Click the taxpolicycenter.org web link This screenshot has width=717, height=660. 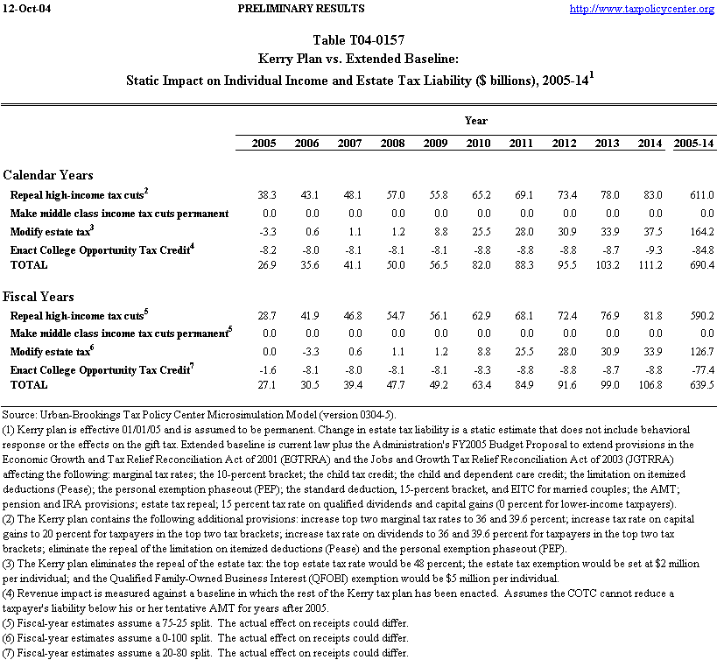click(x=642, y=9)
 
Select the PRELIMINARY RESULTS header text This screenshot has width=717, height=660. click(x=301, y=9)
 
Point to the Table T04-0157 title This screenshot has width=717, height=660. click(x=358, y=40)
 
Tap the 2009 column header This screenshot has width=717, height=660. click(x=435, y=143)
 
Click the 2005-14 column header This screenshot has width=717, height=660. click(x=692, y=143)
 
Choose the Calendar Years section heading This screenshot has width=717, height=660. click(x=48, y=175)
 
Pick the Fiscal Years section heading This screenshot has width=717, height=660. click(x=39, y=297)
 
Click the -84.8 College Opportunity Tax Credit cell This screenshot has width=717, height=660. click(x=697, y=250)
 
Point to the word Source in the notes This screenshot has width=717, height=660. click(x=18, y=413)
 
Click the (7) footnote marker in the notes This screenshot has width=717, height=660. click(x=10, y=653)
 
